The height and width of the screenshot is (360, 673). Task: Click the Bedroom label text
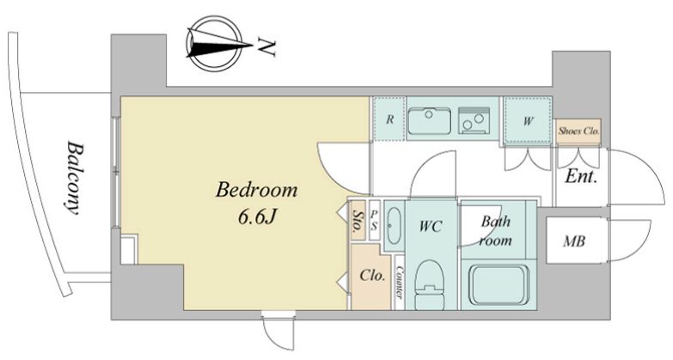tap(256, 190)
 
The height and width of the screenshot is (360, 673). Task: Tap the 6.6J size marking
tap(257, 217)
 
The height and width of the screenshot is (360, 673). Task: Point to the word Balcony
tap(74, 178)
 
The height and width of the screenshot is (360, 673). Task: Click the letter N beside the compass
tap(266, 46)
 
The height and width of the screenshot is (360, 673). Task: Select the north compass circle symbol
tap(215, 43)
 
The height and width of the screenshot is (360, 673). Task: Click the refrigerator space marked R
tap(389, 119)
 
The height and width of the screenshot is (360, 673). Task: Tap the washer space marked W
tap(528, 121)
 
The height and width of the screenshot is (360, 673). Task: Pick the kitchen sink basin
tap(429, 120)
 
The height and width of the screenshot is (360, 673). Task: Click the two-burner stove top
tap(474, 120)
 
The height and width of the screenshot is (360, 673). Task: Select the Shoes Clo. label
tap(578, 131)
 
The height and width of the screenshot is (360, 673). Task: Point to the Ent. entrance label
tap(581, 176)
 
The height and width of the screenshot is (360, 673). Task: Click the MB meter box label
tap(574, 241)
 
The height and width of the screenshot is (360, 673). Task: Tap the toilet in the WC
tap(431, 284)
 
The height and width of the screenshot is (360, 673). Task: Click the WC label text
tap(431, 227)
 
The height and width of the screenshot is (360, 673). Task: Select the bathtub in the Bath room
tap(498, 285)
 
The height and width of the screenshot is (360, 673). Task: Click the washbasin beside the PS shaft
tap(394, 225)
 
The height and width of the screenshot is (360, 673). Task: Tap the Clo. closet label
tap(372, 275)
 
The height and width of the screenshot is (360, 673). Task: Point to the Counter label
tap(399, 283)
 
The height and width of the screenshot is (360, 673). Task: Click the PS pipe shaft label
tap(374, 220)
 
